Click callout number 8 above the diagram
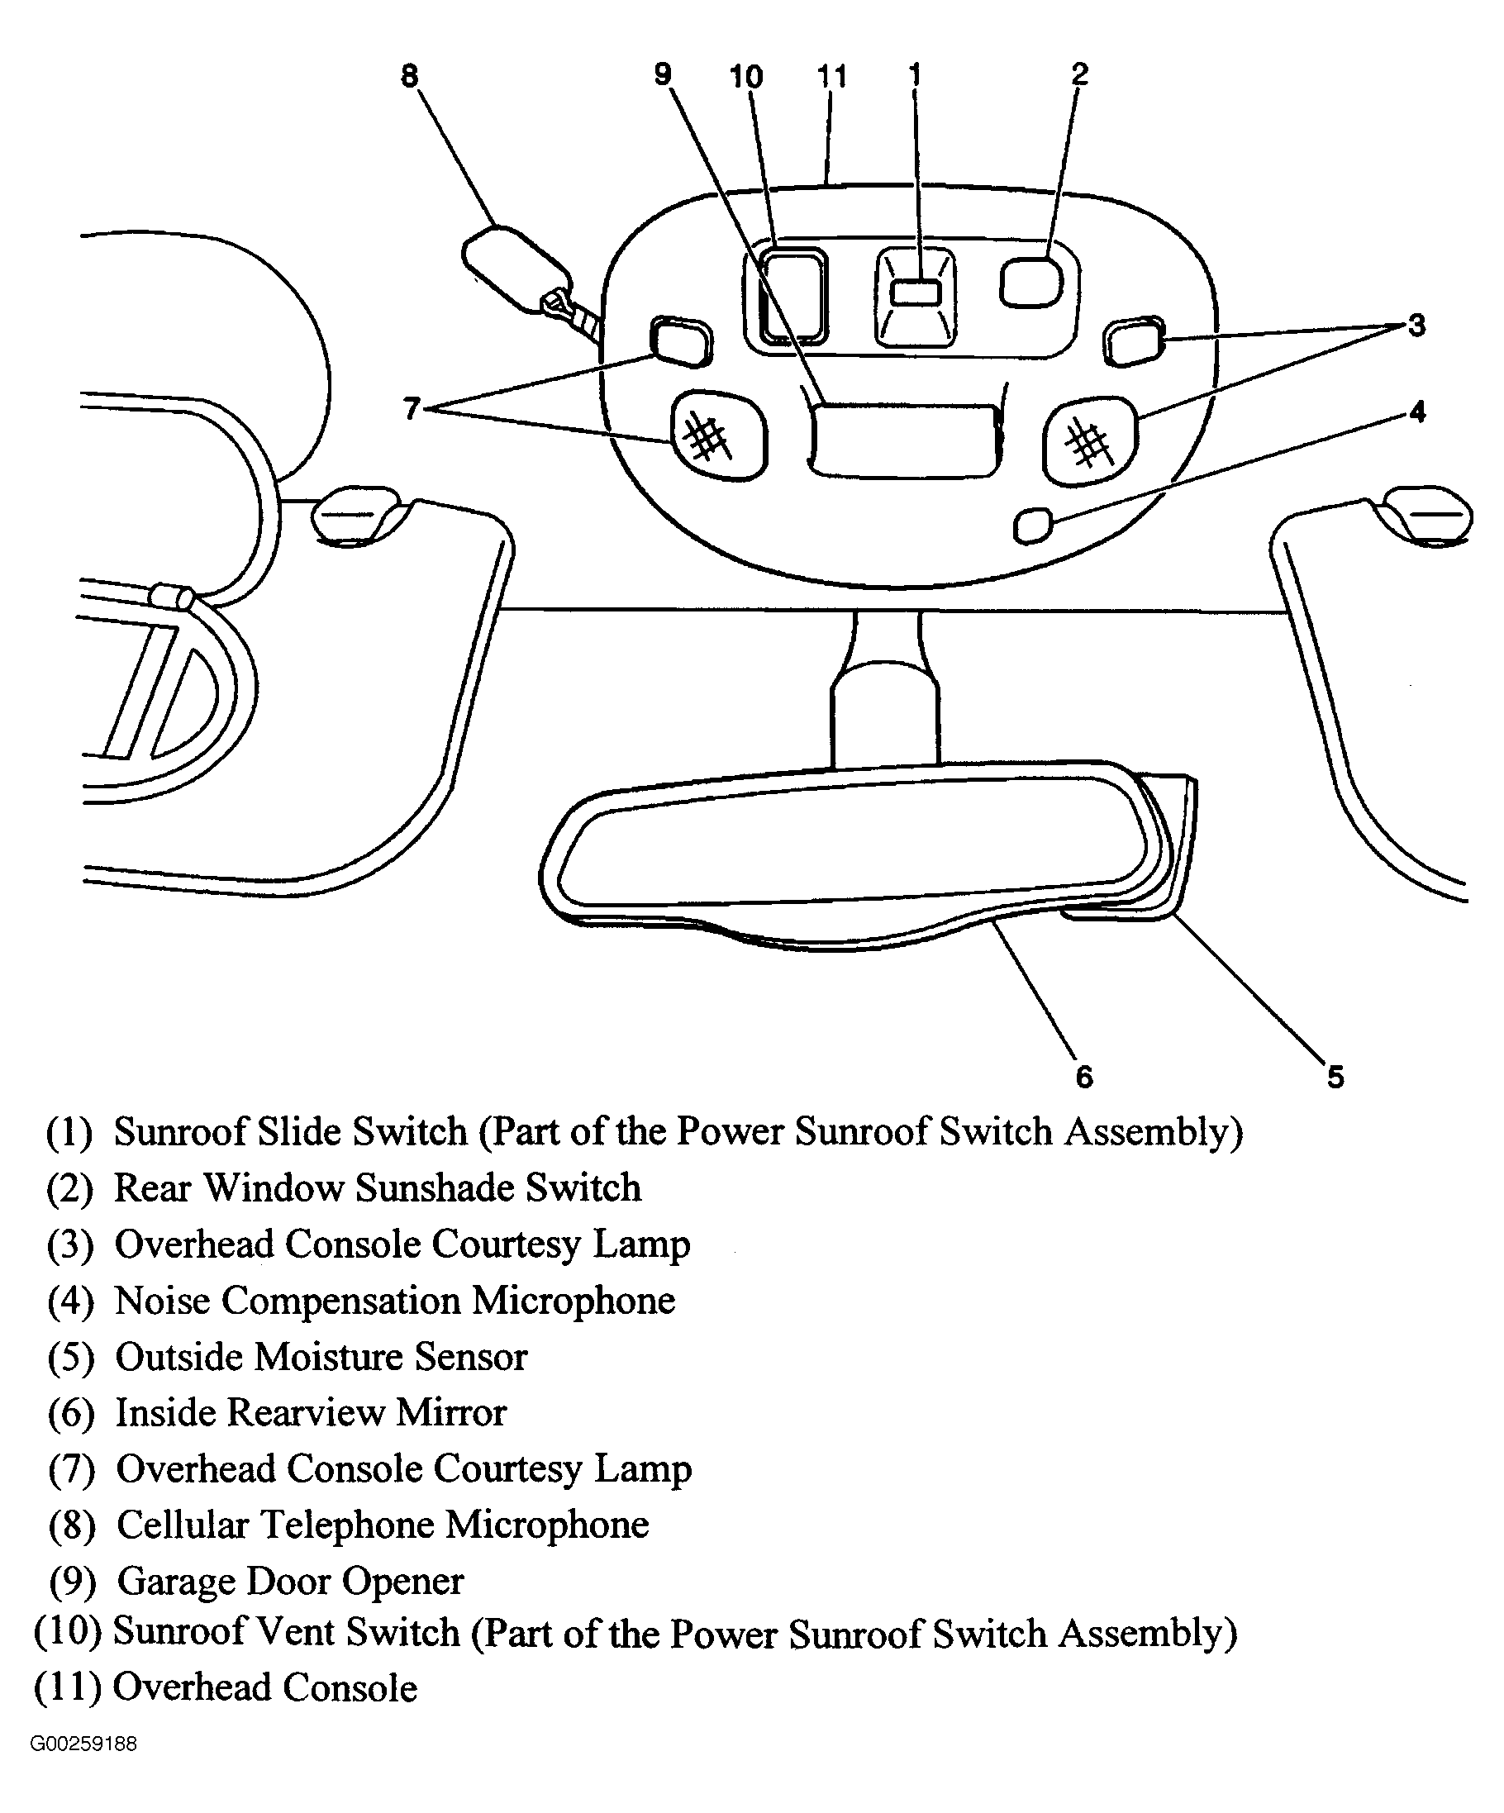pos(409,76)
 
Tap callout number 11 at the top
pos(831,76)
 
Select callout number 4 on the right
pos(1416,412)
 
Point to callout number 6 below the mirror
pos(1084,1077)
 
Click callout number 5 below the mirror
pos(1335,1077)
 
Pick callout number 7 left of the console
pos(412,407)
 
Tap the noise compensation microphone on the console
pos(1033,526)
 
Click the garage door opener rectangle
pos(904,440)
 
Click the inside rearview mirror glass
pos(854,843)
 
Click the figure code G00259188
pos(83,1744)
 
